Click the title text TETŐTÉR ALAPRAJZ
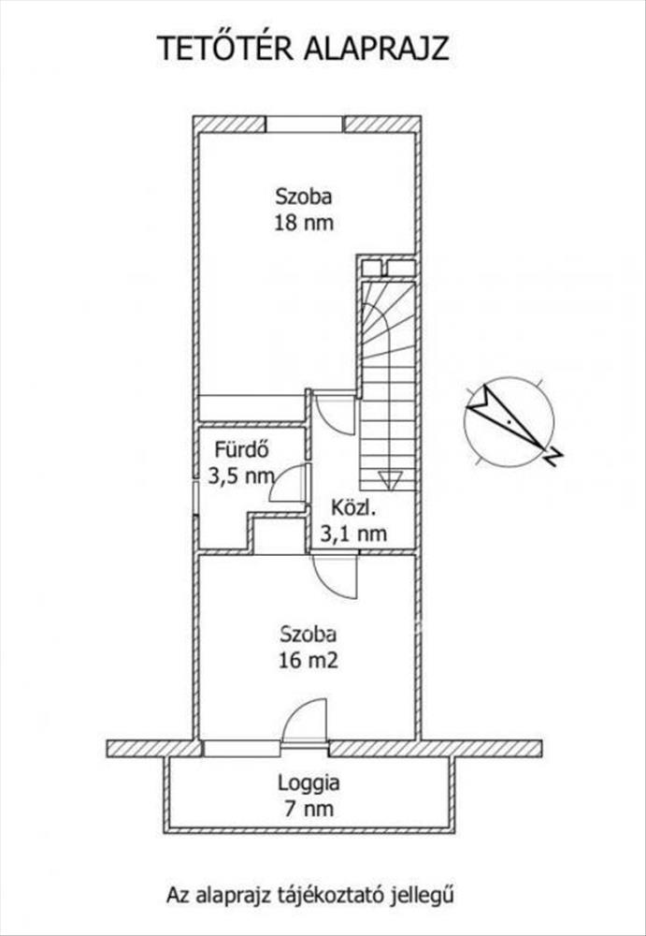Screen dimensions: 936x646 point(302,49)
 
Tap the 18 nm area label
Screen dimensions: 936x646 point(303,223)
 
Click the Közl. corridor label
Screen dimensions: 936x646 point(353,510)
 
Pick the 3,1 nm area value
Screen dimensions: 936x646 point(353,534)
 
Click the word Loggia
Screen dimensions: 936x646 point(309,782)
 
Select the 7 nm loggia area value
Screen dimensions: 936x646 point(309,807)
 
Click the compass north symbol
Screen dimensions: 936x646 point(509,422)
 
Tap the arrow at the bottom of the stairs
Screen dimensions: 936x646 point(390,480)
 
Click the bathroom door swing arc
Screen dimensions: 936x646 point(288,483)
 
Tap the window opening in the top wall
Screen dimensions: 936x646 point(305,124)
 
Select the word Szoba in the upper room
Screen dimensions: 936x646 point(303,197)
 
